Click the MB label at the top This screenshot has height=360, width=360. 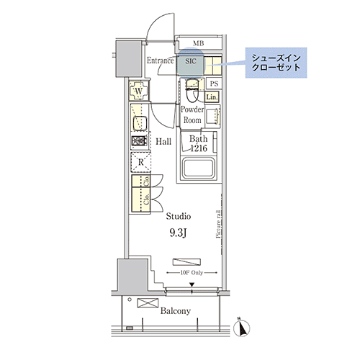point(198,44)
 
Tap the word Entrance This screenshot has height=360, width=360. point(161,61)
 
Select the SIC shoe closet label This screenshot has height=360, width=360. point(191,62)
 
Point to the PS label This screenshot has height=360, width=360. point(214,84)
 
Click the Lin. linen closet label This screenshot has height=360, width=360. point(212,96)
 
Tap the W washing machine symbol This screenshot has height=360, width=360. point(139,91)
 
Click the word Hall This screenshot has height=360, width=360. point(163,142)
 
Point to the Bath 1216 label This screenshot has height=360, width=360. point(199,143)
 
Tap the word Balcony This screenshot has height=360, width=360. point(175,311)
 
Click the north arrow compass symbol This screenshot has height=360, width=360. point(242,328)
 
